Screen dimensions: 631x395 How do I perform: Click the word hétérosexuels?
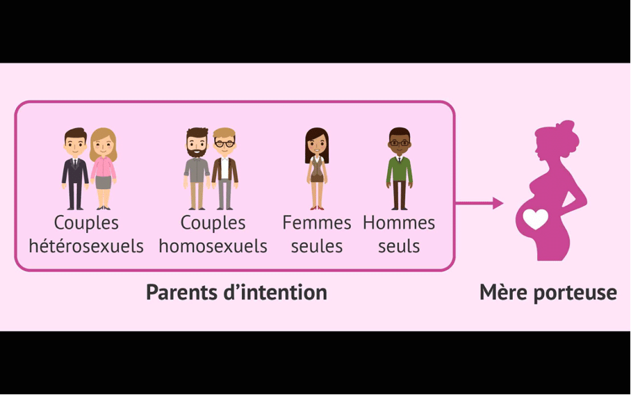(86, 246)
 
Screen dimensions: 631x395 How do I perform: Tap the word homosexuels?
(213, 246)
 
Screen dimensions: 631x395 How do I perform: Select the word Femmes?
(317, 223)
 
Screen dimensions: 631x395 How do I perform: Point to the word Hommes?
(399, 223)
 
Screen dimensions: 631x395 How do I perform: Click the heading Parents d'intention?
(236, 292)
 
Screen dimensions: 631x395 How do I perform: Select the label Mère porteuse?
(548, 293)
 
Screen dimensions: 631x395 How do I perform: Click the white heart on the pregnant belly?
(536, 219)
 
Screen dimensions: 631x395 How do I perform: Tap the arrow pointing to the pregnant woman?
(480, 203)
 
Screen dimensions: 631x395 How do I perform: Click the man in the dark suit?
(75, 169)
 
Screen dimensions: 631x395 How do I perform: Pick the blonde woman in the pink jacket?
(104, 169)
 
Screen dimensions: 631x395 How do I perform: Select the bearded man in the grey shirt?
(197, 169)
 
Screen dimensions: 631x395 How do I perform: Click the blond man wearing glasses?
(224, 169)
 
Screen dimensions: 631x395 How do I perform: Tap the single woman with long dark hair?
(317, 169)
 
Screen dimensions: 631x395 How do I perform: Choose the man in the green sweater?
(399, 169)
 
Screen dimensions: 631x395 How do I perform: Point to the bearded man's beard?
(197, 151)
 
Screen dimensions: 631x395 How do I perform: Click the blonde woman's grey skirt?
(104, 182)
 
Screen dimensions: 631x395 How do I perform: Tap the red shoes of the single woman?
(317, 208)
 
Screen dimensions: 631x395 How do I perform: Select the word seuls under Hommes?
(399, 246)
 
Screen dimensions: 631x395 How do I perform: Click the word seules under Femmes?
(317, 246)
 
